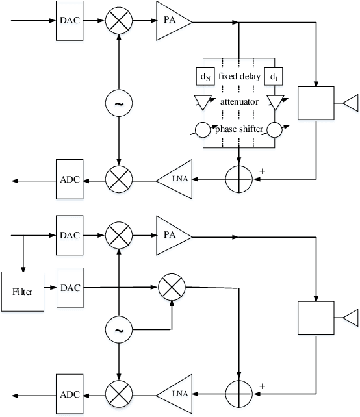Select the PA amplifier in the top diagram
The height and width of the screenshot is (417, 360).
(171, 21)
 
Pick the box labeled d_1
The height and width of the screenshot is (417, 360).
(273, 77)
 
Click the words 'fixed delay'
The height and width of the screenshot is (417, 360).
(238, 77)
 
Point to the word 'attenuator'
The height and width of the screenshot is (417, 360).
(238, 102)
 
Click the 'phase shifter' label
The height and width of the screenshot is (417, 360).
(238, 129)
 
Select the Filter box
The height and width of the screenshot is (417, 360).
(21, 292)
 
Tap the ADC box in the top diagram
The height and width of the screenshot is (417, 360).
(70, 179)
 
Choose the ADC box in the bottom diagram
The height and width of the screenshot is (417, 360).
(70, 394)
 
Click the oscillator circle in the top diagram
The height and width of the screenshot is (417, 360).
(119, 103)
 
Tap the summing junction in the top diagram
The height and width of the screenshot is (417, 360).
(240, 179)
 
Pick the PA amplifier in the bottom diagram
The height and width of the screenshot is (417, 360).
(171, 237)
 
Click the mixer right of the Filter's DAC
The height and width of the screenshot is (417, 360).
(172, 286)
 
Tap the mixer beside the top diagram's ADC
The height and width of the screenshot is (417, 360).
(119, 179)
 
